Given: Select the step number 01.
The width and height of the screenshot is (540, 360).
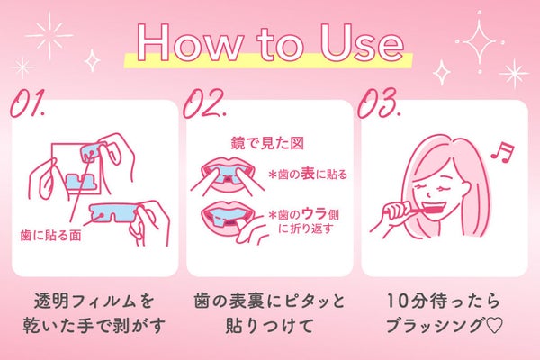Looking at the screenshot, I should pos(30,104).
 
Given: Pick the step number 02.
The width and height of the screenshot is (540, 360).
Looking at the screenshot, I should pos(204,104).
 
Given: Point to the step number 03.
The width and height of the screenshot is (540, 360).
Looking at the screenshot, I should pos(379,104).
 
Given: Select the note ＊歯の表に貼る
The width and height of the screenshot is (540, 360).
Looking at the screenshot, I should pos(308,174).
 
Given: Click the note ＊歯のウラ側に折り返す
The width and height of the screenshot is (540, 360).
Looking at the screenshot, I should pos(306,221).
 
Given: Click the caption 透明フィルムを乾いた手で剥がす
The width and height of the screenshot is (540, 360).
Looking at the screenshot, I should pos(94,311).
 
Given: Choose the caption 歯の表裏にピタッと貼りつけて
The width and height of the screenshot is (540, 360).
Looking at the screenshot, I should pos(269,311).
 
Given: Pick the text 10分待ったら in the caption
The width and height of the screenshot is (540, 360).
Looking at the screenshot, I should pos(443,300).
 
